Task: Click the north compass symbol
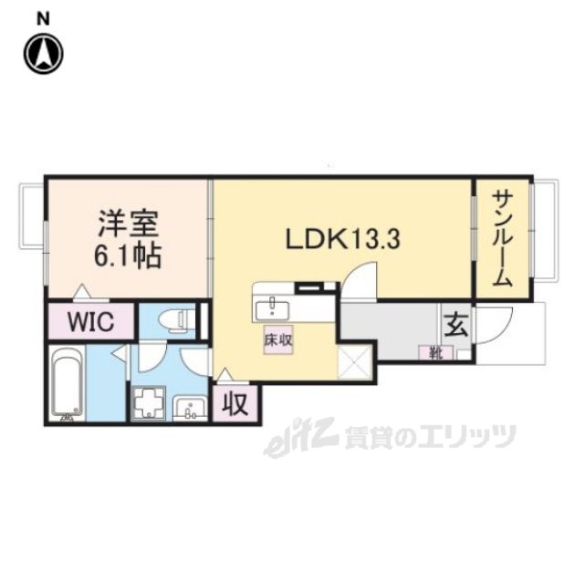tap(44, 53)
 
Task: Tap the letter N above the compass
tap(44, 17)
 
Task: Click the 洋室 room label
tap(128, 224)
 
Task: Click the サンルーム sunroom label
tap(502, 239)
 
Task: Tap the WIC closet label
tap(89, 322)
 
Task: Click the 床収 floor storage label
tap(278, 340)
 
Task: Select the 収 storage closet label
tap(235, 402)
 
